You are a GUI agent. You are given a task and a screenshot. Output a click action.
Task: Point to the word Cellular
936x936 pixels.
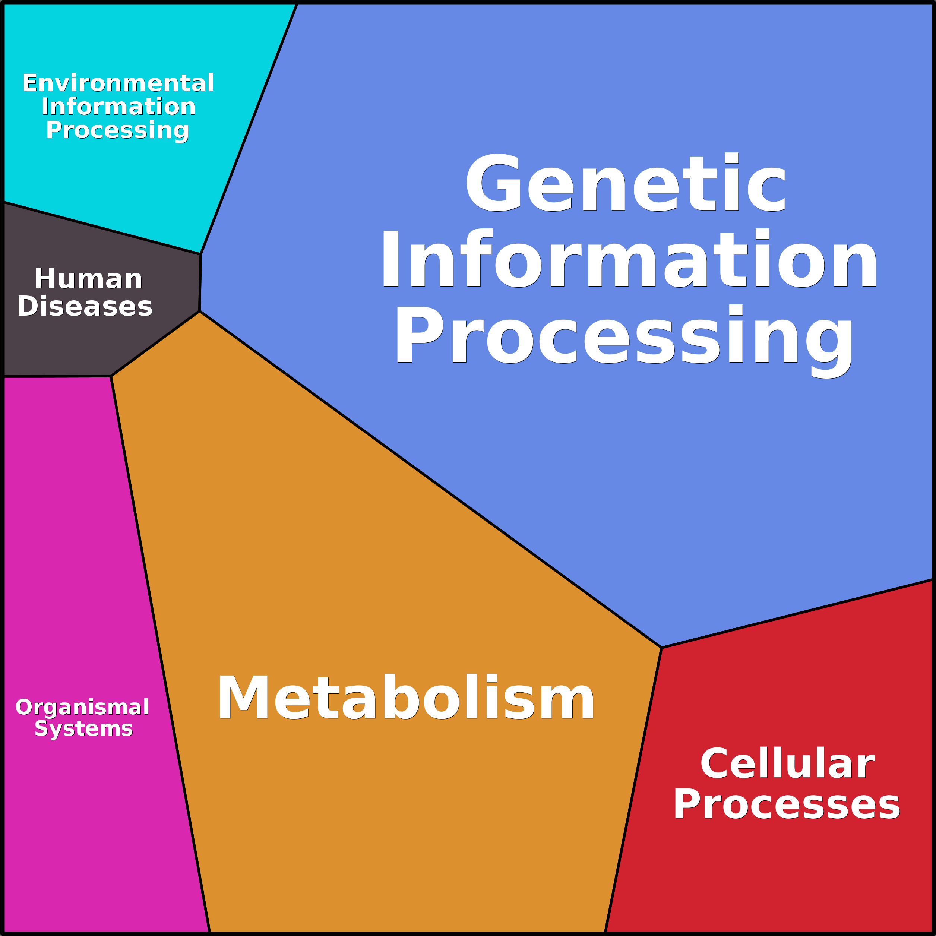787,764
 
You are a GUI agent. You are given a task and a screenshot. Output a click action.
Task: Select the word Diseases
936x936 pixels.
85,307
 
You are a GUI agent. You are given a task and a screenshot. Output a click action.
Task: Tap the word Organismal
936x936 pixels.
82,707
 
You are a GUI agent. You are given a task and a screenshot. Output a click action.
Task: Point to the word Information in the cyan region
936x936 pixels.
118,107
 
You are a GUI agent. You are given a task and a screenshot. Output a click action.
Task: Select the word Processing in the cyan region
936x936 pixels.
117,130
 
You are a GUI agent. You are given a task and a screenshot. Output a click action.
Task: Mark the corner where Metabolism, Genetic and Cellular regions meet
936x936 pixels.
661,648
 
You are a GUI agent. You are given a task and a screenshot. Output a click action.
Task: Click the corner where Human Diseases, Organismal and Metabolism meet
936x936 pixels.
111,376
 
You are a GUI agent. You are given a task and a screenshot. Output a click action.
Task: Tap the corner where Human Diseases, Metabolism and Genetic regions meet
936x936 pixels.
200,311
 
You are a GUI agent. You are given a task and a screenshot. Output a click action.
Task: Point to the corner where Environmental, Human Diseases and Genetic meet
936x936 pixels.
200,254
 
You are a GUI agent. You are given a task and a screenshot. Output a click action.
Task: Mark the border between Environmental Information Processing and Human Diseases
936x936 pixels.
102,228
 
